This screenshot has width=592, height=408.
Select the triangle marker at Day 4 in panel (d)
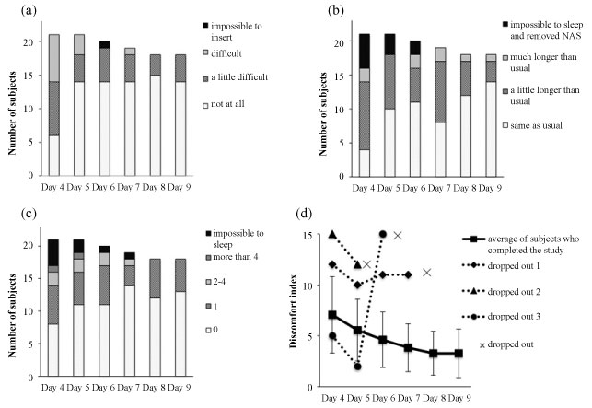click(x=332, y=235)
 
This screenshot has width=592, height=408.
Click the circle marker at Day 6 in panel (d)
click(x=381, y=235)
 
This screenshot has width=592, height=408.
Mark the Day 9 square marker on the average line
click(x=457, y=353)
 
